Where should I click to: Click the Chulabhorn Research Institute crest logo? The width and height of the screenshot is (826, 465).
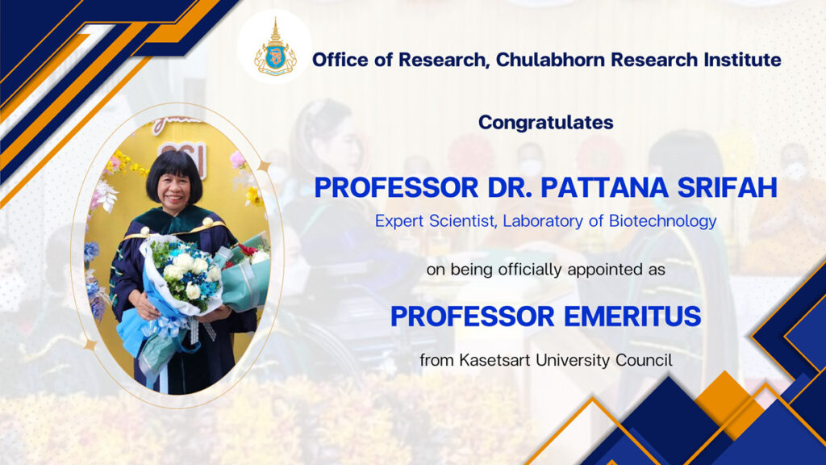coord(275,48)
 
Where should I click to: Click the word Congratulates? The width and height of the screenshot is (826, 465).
coord(546,123)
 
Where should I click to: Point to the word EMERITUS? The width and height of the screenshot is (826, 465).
coord(632,316)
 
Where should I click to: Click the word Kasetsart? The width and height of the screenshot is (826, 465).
coord(496,360)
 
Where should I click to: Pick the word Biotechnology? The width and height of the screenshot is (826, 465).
coord(663,221)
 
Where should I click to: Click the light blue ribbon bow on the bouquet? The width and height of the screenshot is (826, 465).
coord(166,327)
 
